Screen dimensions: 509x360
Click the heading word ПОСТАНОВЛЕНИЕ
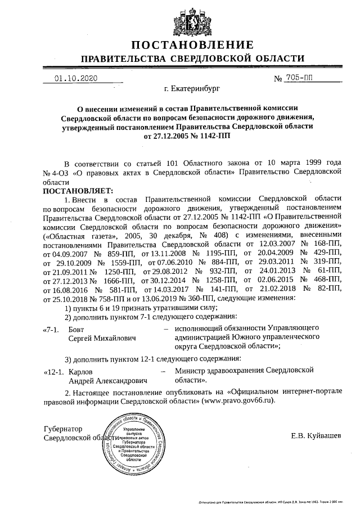coord(192,44)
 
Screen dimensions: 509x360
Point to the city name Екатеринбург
coord(192,88)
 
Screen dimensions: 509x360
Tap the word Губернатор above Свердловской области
coord(63,429)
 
